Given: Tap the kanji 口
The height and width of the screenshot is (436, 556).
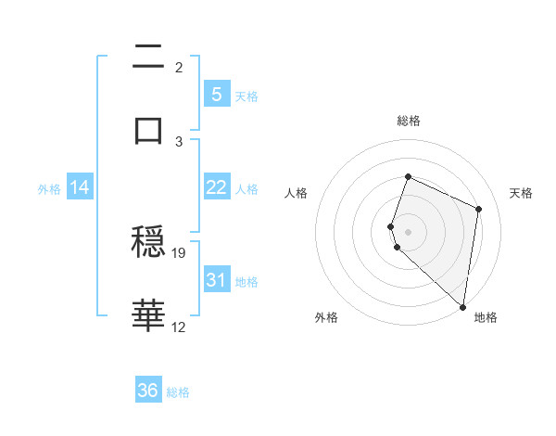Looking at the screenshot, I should (x=148, y=129).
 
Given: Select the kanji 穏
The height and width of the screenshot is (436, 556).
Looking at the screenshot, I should (x=148, y=243).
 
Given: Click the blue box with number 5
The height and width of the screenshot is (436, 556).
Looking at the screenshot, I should (x=216, y=95).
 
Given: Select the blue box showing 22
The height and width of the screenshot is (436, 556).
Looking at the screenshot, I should (x=216, y=187).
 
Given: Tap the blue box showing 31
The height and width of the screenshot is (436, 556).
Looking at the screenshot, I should (x=216, y=280).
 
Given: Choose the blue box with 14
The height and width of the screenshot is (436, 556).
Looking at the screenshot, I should (x=80, y=187).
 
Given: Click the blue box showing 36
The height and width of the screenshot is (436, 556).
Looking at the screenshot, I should (x=147, y=391).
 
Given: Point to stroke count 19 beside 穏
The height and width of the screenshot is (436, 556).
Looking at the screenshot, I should (x=180, y=252).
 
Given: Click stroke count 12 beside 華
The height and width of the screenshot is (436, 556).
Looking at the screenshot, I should (x=179, y=327).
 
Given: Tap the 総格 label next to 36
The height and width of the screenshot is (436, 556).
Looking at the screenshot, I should (x=179, y=392).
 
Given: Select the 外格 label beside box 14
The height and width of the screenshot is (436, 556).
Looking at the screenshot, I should (x=49, y=188).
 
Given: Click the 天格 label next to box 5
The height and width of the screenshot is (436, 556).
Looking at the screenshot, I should (x=246, y=96).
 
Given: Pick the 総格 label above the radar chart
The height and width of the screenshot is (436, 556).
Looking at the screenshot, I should (x=408, y=121).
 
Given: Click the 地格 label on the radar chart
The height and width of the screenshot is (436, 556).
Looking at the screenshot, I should (x=486, y=317).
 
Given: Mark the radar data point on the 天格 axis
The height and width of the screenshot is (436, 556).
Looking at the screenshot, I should (x=479, y=209).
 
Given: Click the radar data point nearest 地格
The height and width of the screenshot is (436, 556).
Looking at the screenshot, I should (x=462, y=306).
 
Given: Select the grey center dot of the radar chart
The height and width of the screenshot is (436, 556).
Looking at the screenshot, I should (x=408, y=230).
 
